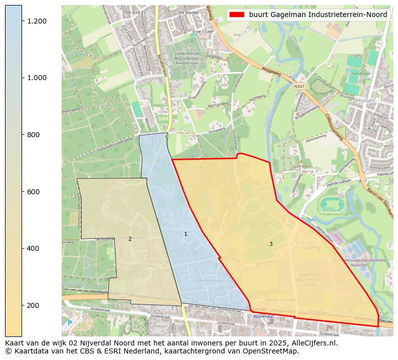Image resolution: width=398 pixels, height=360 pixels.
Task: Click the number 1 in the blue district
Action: tap(185, 234)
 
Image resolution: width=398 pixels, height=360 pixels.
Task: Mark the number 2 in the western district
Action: tap(130, 239)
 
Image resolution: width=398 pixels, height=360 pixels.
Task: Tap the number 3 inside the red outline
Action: tap(271, 244)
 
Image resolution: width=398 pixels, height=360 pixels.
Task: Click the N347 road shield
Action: tap(299, 86)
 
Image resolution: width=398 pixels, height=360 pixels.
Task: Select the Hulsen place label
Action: tap(366, 100)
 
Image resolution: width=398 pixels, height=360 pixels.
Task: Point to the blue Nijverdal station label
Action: tap(263, 316)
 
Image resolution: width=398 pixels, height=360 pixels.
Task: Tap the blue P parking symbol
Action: tap(70, 323)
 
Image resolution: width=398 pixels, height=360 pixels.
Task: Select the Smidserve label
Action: tap(361, 73)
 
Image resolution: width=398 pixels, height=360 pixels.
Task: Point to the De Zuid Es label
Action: tap(135, 12)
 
